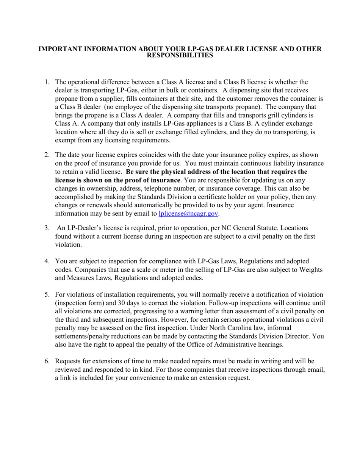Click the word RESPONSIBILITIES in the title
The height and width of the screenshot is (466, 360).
pos(180,55)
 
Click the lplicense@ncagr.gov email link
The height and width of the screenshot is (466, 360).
pos(188,214)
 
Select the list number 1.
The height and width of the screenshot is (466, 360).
pos(47,82)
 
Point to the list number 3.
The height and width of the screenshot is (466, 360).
pos(47,228)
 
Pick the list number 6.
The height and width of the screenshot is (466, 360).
pos(47,361)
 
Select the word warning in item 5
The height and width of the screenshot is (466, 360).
pos(202,311)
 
